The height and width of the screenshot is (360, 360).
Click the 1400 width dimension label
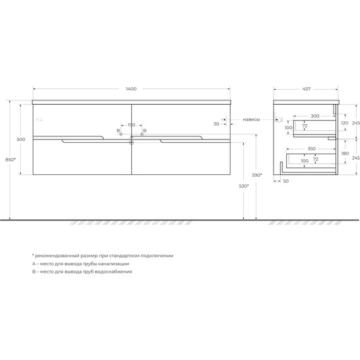click(x=131, y=89)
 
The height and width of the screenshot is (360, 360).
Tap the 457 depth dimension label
click(x=306, y=89)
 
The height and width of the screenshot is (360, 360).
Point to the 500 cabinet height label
click(x=21, y=140)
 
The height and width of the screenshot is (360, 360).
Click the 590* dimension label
click(x=257, y=175)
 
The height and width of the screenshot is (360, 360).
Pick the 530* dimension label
click(x=244, y=186)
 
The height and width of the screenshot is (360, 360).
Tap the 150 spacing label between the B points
click(x=131, y=125)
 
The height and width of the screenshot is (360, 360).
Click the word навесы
click(x=251, y=119)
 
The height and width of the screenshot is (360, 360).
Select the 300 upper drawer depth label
click(x=315, y=116)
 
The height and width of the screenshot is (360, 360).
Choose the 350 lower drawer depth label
click(x=311, y=149)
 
